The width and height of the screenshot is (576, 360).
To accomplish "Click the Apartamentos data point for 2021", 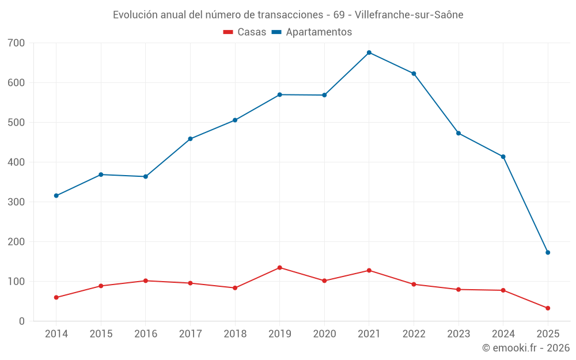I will click(369, 52).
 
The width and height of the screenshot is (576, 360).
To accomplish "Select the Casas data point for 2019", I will click(280, 267).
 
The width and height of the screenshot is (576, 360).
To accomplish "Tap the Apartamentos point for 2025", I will click(548, 252).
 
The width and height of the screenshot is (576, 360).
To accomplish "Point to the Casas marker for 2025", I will click(548, 308).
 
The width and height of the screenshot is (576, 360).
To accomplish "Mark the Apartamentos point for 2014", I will click(56, 196).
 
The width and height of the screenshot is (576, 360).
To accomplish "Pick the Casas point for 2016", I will click(146, 281).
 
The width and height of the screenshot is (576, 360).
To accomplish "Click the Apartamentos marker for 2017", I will click(190, 139).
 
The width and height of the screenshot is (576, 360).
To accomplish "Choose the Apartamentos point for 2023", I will click(458, 133).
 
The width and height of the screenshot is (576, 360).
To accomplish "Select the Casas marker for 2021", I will click(369, 270).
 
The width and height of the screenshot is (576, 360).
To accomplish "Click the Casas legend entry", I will click(245, 32).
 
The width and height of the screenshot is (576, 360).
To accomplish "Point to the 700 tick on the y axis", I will click(17, 43).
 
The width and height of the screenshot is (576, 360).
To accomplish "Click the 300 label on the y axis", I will click(17, 202).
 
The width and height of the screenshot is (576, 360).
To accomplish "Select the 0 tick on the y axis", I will click(22, 321).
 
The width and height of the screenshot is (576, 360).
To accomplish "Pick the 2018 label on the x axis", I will click(235, 334).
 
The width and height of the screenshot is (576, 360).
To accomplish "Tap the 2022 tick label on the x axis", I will click(414, 334).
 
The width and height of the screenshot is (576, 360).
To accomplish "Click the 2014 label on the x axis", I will click(56, 334).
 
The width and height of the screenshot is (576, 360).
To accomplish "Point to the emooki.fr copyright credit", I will click(526, 348).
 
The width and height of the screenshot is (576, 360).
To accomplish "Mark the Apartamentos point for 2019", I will click(280, 94).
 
